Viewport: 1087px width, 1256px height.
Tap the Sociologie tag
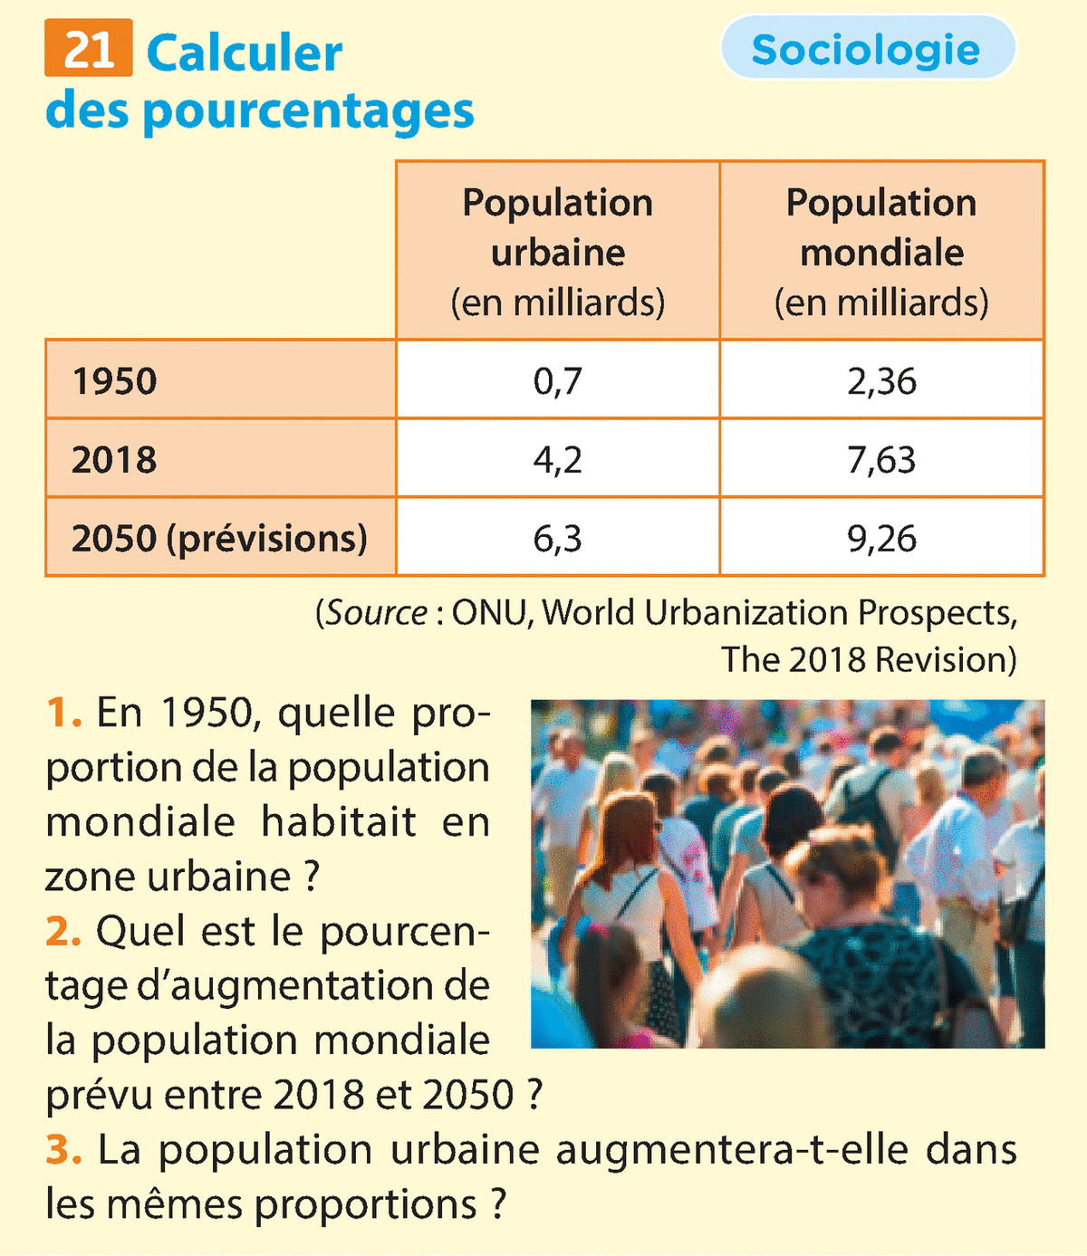[x=866, y=49]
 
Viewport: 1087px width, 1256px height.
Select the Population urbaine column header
[x=557, y=251]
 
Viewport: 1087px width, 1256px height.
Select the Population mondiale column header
[x=881, y=251]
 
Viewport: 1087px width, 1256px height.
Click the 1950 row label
[x=115, y=381]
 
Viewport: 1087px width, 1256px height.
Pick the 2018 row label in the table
[x=115, y=460]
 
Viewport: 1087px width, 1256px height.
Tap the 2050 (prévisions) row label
[x=219, y=539]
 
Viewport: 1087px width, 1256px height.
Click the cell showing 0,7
[x=557, y=381]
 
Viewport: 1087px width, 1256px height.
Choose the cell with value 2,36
[x=881, y=381]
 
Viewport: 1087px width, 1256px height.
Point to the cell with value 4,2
[x=557, y=460]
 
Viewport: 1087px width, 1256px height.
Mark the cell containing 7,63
[x=881, y=460]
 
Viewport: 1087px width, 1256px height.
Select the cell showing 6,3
[x=557, y=539]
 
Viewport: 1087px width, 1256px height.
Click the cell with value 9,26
[x=881, y=539]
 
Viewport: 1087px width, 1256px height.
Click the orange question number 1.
[x=63, y=714]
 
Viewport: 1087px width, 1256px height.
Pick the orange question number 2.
[x=63, y=931]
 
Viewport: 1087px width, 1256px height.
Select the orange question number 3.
[x=63, y=1150]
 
